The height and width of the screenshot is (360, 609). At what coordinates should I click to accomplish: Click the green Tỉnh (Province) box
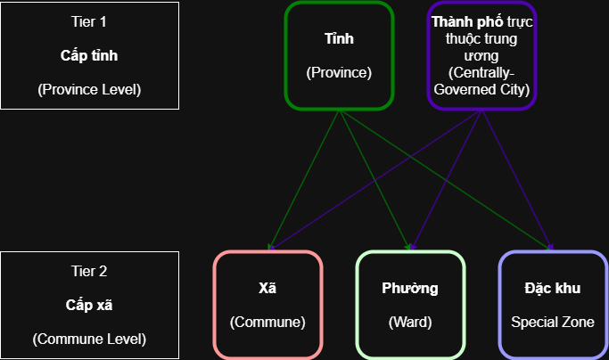point(339,56)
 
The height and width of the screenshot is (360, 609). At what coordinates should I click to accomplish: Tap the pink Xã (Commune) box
point(267,305)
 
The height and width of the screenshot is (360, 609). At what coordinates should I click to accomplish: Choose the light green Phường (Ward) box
point(410,305)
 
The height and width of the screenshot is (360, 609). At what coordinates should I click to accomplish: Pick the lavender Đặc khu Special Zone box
point(552,305)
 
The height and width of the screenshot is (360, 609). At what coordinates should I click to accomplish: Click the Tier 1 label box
point(89,55)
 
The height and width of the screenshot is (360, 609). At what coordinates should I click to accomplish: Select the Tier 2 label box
point(89,305)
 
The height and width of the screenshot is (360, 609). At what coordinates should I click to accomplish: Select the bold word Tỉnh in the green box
point(339,39)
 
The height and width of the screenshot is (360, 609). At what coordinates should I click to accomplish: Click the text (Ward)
point(410,322)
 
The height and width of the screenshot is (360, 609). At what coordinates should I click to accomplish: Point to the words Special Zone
point(552,322)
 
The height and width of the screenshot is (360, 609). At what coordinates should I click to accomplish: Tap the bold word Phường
point(410,288)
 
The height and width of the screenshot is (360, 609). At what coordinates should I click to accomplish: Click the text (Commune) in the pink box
point(267,322)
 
